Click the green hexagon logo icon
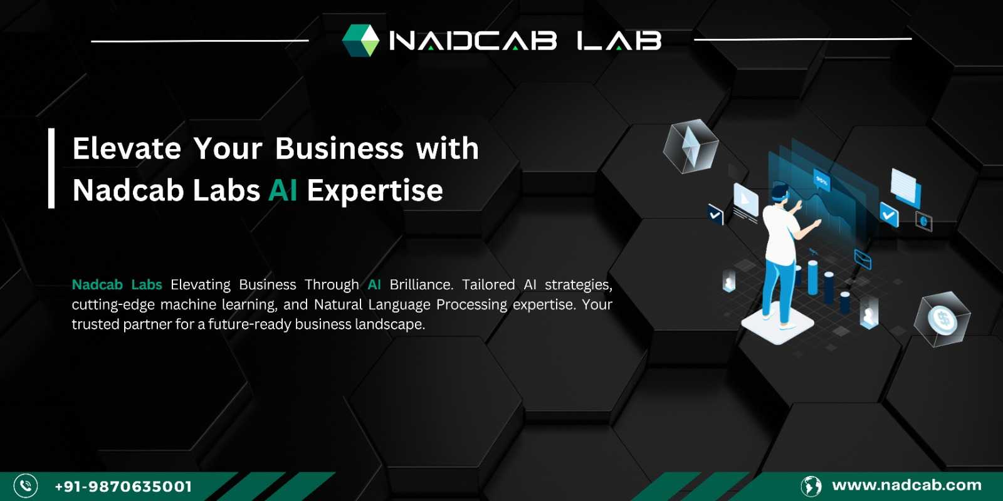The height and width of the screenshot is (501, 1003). pyautogui.click(x=360, y=40)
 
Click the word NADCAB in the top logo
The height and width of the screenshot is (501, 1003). pyautogui.click(x=473, y=40)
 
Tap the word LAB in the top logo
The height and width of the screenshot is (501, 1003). pyautogui.click(x=619, y=40)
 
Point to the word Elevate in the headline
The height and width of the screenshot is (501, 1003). pyautogui.click(x=127, y=148)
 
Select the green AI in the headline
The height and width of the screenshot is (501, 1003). pyautogui.click(x=283, y=190)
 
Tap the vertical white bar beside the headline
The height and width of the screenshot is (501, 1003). pyautogui.click(x=51, y=168)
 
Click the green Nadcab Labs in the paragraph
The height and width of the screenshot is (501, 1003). pyautogui.click(x=117, y=284)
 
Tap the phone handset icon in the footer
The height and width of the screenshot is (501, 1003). pyautogui.click(x=26, y=486)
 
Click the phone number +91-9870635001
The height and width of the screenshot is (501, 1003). pyautogui.click(x=123, y=486)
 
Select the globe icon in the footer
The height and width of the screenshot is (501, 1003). pyautogui.click(x=811, y=486)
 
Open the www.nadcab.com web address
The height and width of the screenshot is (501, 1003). pyautogui.click(x=906, y=485)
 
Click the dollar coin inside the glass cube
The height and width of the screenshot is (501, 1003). pyautogui.click(x=943, y=319)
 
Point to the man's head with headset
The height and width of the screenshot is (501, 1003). pyautogui.click(x=780, y=194)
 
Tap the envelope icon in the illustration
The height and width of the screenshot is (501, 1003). pyautogui.click(x=863, y=259)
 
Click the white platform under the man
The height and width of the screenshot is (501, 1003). pyautogui.click(x=778, y=324)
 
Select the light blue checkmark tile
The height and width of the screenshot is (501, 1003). pyautogui.click(x=889, y=215)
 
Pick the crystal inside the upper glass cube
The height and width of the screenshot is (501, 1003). pyautogui.click(x=691, y=146)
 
